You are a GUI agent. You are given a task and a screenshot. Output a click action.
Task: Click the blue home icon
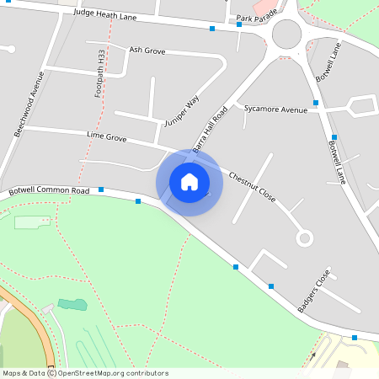189,181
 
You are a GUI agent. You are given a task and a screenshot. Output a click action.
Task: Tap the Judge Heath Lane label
106,13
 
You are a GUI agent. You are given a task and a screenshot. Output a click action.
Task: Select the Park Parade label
256,18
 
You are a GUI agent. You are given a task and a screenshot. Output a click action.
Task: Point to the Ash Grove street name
147,50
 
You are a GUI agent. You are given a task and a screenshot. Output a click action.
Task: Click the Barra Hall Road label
211,129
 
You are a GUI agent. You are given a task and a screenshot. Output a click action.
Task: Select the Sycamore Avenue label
275,109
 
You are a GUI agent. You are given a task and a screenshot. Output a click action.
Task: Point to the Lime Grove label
106,135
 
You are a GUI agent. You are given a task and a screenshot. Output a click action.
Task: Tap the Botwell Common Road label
49,191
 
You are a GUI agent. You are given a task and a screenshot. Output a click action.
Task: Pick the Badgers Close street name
314,291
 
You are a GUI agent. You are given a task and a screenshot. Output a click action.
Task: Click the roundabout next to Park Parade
286,35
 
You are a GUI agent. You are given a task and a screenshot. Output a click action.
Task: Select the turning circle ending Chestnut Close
304,238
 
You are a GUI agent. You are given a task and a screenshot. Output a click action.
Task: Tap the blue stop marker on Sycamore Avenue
316,103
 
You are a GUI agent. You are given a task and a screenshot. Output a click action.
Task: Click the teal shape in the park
72,304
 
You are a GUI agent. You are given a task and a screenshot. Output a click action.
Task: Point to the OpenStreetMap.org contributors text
114,373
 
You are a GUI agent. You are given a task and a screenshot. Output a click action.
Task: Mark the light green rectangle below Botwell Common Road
32,222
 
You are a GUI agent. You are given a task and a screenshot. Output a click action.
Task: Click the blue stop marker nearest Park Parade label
239,24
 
